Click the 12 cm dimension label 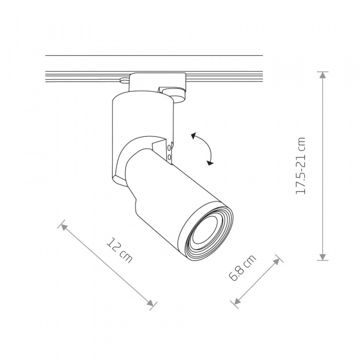119,250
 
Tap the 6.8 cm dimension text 242,268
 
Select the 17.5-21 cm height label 301,166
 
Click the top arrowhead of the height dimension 323,75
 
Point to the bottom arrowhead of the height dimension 323,257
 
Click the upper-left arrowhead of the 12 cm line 64,227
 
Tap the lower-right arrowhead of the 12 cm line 151,303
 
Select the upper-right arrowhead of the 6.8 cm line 277,262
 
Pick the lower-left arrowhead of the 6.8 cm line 237,301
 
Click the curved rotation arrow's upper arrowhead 194,136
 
